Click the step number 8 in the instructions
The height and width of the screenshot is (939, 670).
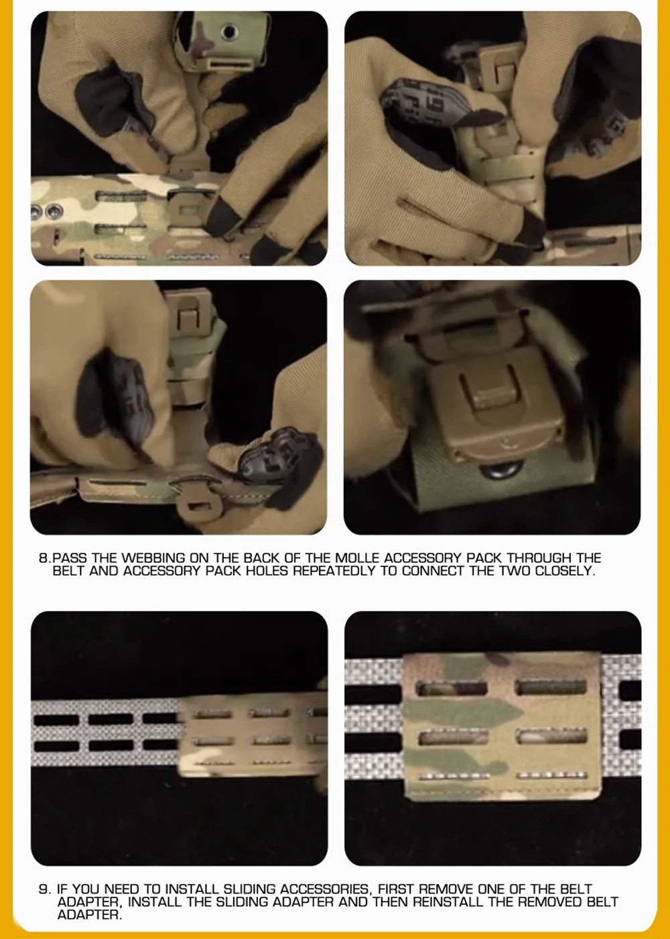click(43, 558)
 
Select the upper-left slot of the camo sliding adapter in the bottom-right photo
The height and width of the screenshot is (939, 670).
click(452, 689)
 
